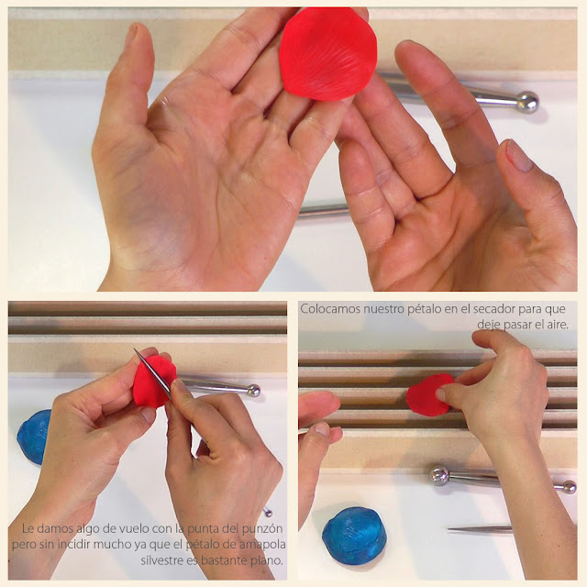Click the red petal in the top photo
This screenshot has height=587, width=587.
click(x=327, y=54)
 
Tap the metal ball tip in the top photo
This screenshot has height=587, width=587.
click(x=527, y=102)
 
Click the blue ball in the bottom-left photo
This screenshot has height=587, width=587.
click(x=33, y=437)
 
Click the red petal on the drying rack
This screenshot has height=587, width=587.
click(x=429, y=395)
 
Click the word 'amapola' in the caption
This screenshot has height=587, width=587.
click(x=262, y=544)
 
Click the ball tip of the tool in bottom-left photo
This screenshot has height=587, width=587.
click(x=253, y=391)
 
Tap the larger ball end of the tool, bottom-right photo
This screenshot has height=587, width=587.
click(x=439, y=476)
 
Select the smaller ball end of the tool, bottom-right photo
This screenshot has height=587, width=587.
click(x=570, y=487)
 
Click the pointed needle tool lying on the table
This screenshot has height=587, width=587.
click(x=480, y=529)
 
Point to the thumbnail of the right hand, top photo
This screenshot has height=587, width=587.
click(x=519, y=155)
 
